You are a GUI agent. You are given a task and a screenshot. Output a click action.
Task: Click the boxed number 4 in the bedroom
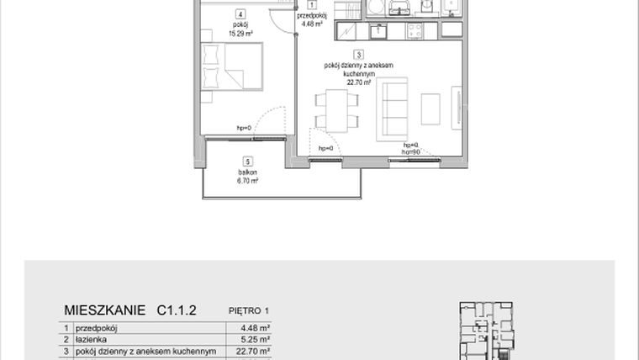point(240,14)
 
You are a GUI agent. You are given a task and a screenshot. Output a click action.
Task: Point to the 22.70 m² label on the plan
point(346,82)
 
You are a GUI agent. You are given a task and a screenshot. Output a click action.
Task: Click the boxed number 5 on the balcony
point(246,161)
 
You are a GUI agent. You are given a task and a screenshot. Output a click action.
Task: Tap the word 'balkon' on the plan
point(246,172)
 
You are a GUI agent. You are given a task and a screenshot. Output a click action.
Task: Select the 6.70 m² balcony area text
point(246,180)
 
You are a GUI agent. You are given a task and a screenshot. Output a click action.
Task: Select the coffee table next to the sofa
point(430,106)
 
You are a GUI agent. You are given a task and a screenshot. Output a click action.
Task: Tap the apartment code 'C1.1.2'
point(176,310)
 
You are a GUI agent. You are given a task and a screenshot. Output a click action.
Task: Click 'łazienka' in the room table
point(92,341)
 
